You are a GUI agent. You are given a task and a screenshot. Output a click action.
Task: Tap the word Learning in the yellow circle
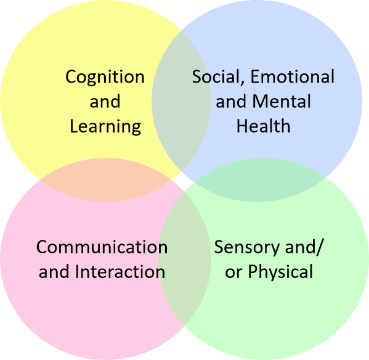coord(105,126)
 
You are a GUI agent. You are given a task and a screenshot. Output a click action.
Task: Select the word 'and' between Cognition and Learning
coord(105,102)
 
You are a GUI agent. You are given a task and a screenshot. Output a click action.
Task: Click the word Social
coord(216,76)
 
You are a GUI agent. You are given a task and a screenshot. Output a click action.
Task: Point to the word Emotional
coord(292,76)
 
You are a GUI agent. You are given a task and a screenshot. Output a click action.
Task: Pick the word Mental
coord(282,101)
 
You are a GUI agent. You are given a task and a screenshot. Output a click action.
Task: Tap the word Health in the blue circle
coord(263,126)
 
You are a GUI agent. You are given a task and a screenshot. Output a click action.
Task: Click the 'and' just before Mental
coord(231,102)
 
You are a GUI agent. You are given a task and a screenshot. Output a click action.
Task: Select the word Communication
coord(102,247)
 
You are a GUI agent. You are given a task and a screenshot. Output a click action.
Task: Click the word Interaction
coord(120,271)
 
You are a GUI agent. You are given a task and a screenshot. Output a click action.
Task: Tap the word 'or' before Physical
coord(233,273)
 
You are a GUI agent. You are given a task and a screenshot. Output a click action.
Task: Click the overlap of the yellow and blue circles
coord(181,100)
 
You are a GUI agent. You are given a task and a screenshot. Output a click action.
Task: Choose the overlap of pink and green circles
coord(185,258)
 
